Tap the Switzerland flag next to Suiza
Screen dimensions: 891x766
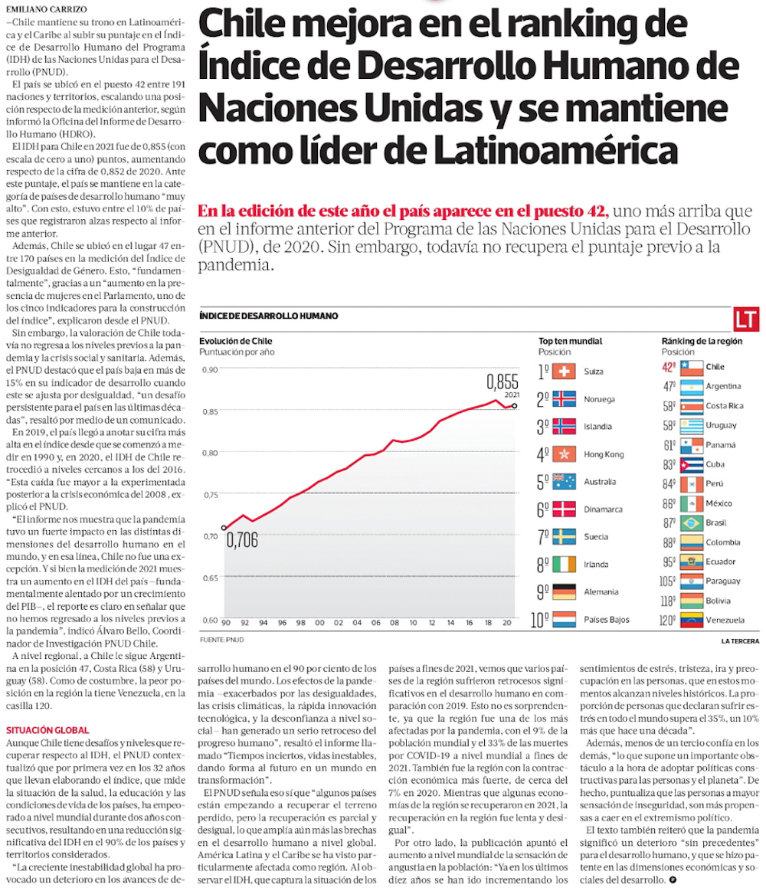[x=563, y=372]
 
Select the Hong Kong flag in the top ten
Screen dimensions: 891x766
[x=563, y=454]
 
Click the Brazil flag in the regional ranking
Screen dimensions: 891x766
[x=692, y=523]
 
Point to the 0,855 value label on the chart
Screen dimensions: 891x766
[x=502, y=381]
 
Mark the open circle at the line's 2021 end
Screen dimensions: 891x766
[x=514, y=406]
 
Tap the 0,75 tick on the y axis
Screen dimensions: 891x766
[x=208, y=494]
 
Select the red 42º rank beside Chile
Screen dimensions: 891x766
[x=669, y=367]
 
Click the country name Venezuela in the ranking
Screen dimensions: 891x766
[x=725, y=621]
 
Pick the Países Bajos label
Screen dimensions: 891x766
[x=607, y=620]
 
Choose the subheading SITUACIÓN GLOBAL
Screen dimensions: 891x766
[x=47, y=730]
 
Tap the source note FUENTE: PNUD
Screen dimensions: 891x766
[x=223, y=638]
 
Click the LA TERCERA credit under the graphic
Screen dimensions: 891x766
[x=739, y=640]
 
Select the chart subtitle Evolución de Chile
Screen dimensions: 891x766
[x=236, y=341]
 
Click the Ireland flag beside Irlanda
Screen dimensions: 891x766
[x=563, y=565]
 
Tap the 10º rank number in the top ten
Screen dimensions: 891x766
[x=542, y=620]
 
